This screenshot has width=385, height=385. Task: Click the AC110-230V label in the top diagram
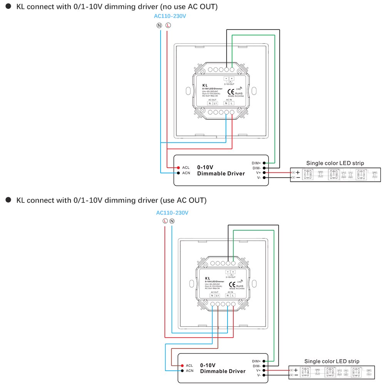click(170, 16)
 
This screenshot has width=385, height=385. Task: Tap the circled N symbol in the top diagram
click(159, 26)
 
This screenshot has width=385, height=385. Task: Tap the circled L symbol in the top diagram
click(168, 26)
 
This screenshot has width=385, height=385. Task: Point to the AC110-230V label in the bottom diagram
click(172, 213)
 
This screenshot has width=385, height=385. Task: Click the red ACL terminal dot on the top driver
click(179, 167)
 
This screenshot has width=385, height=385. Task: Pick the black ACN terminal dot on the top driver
click(179, 173)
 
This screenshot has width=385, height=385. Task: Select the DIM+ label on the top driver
click(256, 163)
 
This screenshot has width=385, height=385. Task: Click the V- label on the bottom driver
click(259, 375)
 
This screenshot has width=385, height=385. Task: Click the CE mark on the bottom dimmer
click(232, 285)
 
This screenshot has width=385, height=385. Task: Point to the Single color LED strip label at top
click(335, 163)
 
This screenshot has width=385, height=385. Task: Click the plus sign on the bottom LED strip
click(296, 370)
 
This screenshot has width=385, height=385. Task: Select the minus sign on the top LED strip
click(298, 177)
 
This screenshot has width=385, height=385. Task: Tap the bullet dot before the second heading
click(8, 200)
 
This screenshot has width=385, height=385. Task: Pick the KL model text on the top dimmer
click(205, 85)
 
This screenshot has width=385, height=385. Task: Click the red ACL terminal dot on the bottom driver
click(182, 365)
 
